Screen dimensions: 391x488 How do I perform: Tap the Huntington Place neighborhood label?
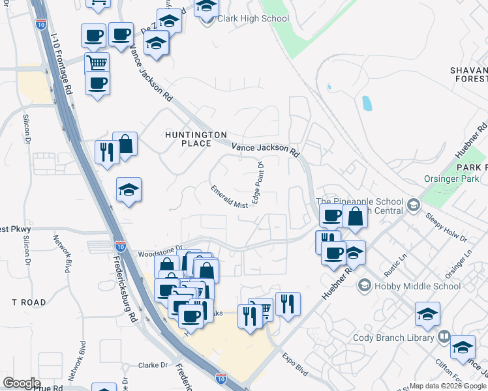tap(188, 138)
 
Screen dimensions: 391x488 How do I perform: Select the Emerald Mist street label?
tap(230, 196)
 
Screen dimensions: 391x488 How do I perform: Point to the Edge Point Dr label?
tap(258, 182)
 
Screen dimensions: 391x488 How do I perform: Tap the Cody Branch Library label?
tap(393, 338)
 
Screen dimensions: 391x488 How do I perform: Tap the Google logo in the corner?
tap(22, 383)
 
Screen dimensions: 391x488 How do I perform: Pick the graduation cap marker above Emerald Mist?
tap(129, 190)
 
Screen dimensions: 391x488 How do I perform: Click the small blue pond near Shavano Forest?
tap(366, 103)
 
